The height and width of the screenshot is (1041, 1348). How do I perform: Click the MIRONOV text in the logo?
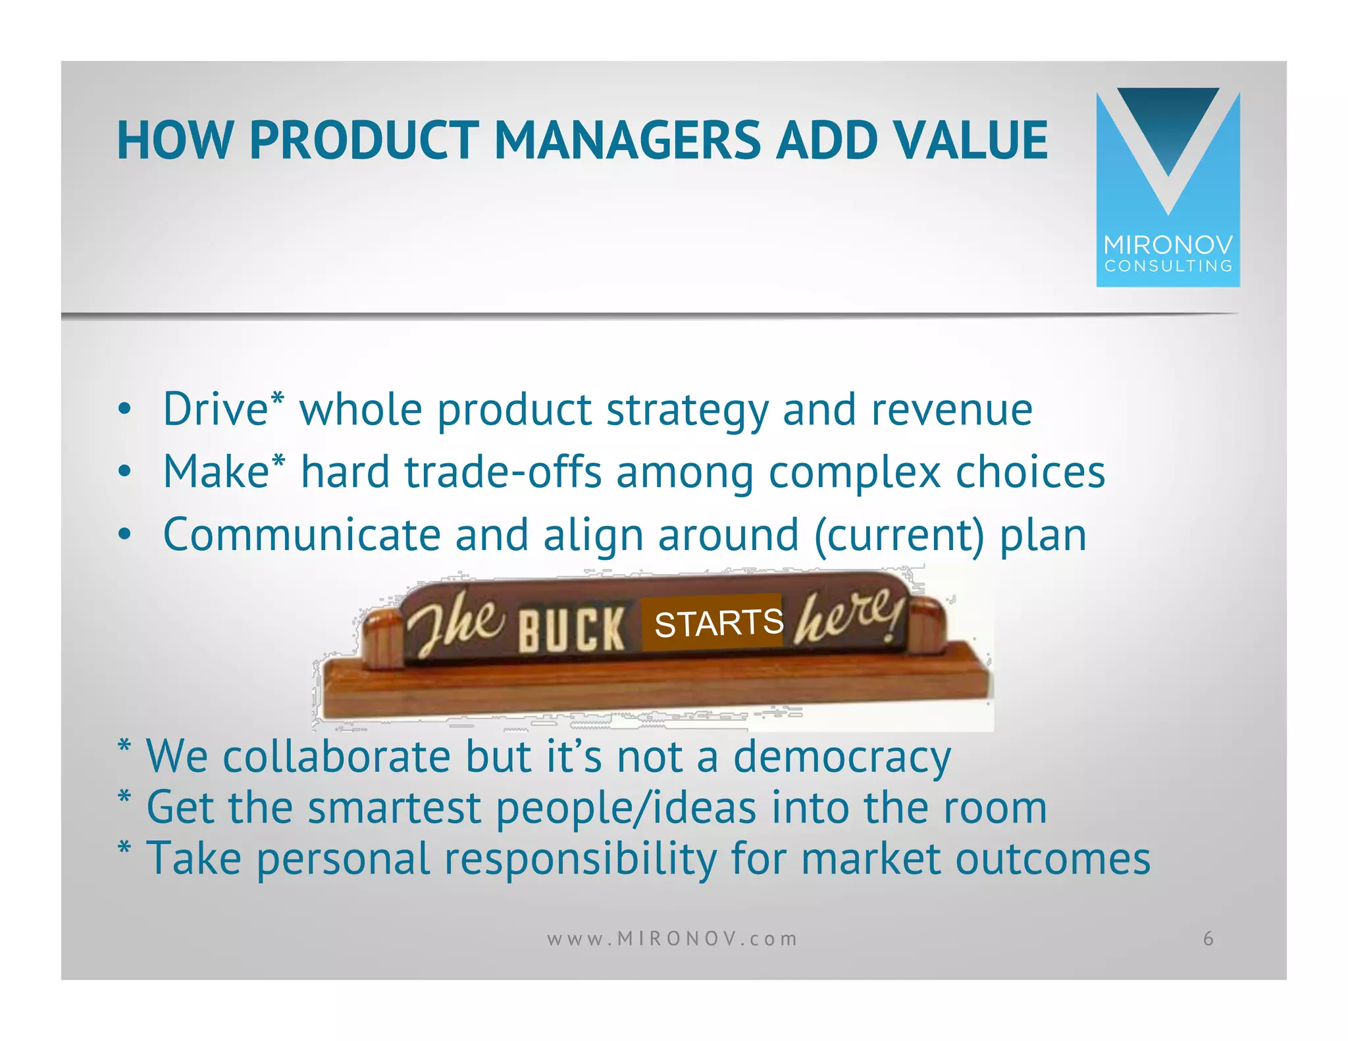[x=1168, y=245]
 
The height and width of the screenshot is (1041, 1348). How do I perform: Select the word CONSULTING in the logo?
[x=1168, y=267]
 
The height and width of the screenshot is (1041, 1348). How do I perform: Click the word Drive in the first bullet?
[x=216, y=409]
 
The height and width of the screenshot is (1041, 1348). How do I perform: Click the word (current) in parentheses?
[x=899, y=535]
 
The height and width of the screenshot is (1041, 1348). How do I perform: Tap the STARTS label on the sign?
[x=719, y=622]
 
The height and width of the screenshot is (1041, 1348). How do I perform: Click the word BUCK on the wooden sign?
[x=571, y=629]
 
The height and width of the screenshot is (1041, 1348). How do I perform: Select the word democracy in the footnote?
[x=842, y=757]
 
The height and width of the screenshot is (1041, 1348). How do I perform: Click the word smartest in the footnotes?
[x=395, y=807]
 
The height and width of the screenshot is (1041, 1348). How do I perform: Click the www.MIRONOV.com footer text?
[x=672, y=938]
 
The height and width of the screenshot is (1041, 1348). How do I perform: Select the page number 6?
[x=1208, y=938]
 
